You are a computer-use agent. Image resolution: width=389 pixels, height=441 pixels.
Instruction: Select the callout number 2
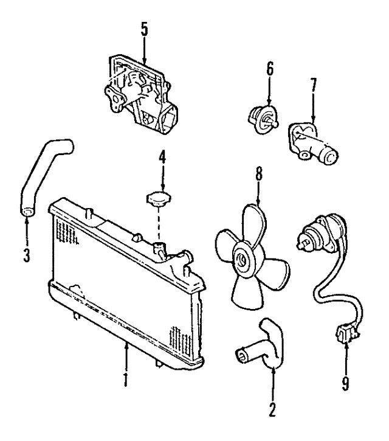272,408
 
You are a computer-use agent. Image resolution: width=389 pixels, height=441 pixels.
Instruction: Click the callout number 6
270,71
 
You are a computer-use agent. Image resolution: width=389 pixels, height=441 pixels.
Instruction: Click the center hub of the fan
244,261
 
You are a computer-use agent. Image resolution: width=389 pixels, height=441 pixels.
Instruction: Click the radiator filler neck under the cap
160,249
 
